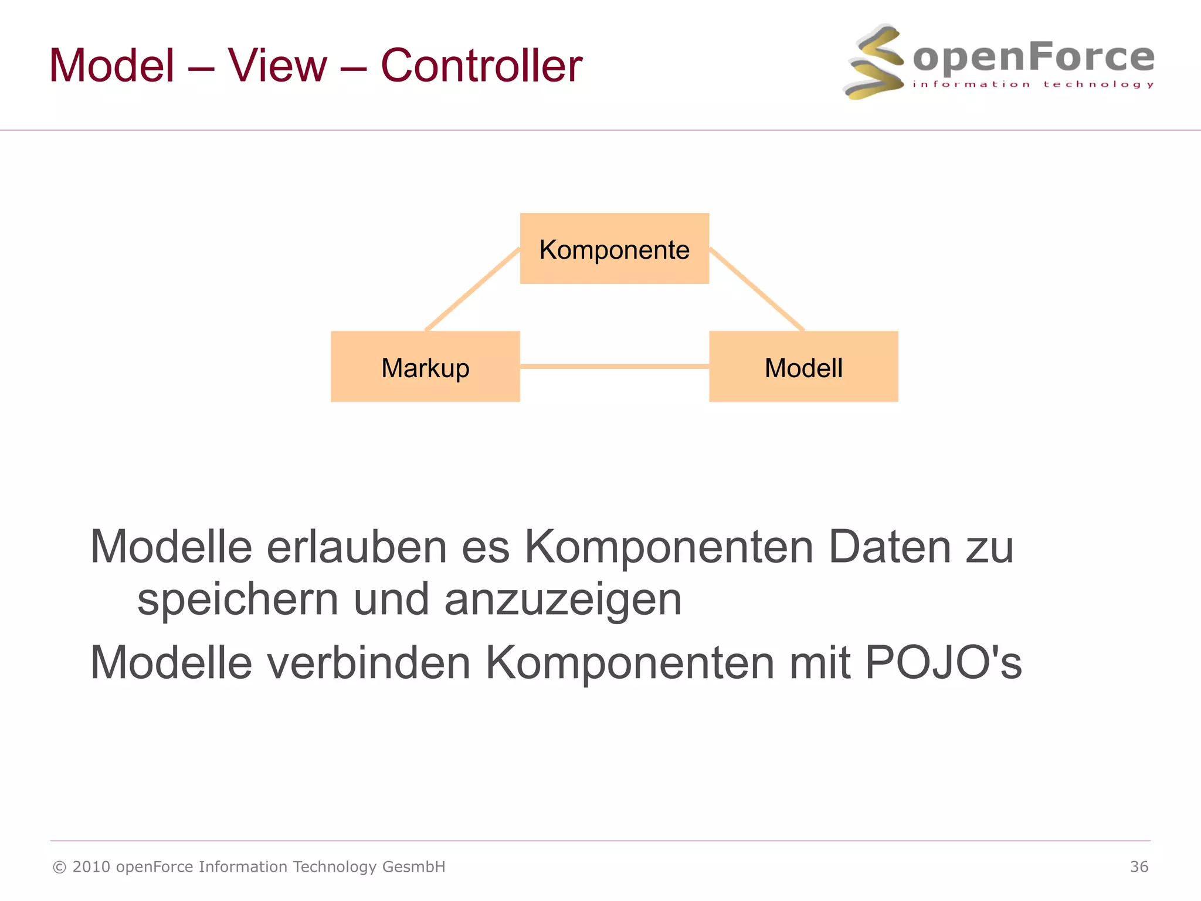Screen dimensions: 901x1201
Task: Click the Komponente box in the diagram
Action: (614, 249)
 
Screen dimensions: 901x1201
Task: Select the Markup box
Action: (425, 367)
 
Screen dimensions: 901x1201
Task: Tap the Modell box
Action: (803, 367)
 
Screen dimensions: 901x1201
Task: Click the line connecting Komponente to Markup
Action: (473, 289)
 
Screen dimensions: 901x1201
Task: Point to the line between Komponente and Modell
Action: (756, 289)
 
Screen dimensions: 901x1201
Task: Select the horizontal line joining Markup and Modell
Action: (614, 367)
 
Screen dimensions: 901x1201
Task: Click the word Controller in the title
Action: (481, 65)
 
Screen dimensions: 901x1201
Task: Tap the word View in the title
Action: (277, 65)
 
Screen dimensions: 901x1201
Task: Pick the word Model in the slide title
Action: (112, 65)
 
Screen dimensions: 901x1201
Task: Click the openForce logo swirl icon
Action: (874, 62)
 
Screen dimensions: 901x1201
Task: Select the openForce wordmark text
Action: (1033, 57)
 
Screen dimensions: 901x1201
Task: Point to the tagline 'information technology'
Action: (1033, 84)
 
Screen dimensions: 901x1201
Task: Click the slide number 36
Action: (1139, 866)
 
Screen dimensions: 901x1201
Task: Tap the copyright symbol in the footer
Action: (59, 867)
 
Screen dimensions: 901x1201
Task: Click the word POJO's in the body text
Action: (943, 662)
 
